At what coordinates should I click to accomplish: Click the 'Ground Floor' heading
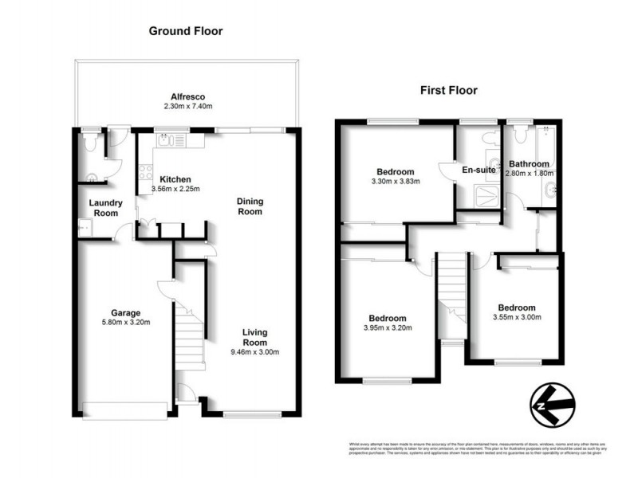[186, 31]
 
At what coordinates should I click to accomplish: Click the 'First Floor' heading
[449, 90]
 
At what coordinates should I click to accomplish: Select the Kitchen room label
[175, 178]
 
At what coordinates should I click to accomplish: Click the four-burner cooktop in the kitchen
[145, 170]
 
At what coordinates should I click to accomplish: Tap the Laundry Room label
[104, 208]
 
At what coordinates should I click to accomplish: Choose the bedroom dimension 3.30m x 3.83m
[395, 182]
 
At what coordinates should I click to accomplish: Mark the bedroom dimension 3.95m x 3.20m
[384, 327]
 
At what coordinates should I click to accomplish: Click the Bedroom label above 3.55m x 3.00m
[516, 308]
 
